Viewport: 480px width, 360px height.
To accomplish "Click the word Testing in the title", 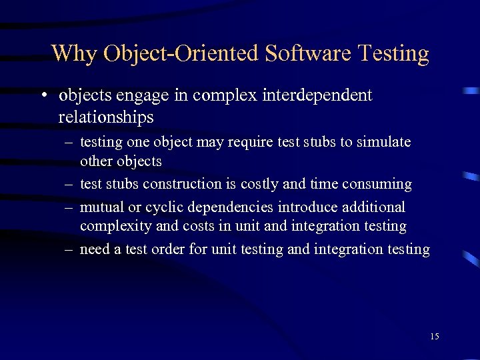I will (393, 53).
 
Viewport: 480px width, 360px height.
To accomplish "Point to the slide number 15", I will (435, 336).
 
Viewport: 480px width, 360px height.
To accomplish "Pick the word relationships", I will (106, 117).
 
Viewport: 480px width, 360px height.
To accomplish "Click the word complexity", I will (113, 226).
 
